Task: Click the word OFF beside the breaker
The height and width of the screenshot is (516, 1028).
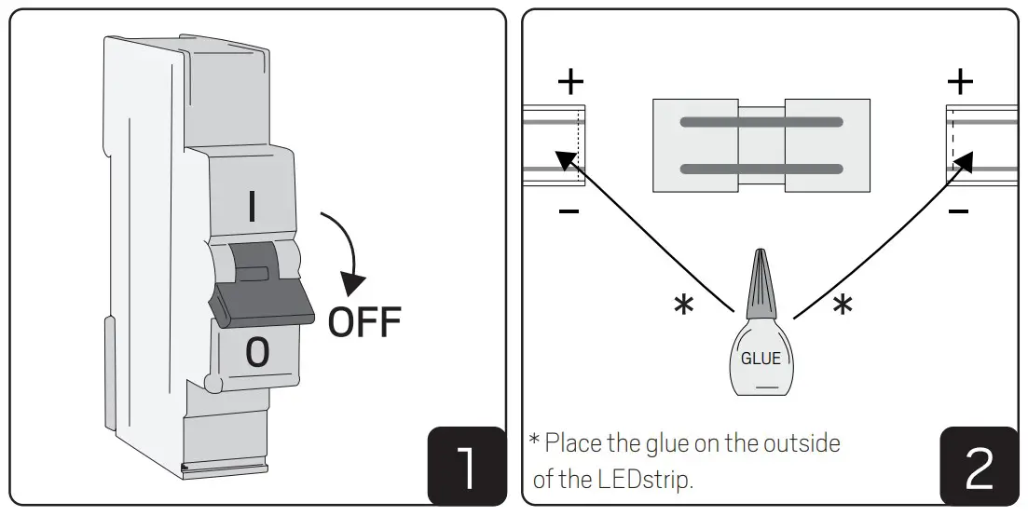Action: click(x=363, y=321)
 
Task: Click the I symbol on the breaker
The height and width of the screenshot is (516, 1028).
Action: click(x=252, y=207)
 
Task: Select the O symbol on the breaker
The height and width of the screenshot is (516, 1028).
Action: click(x=256, y=352)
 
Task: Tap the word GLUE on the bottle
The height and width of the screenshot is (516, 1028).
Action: click(x=761, y=358)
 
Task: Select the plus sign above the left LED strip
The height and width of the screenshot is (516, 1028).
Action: click(x=570, y=82)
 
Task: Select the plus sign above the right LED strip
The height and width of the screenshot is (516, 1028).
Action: click(x=959, y=82)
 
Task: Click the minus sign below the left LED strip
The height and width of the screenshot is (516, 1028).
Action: click(x=569, y=212)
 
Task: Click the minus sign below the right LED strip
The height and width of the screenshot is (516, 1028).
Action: click(x=957, y=212)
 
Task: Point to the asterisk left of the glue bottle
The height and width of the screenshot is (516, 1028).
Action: click(x=683, y=306)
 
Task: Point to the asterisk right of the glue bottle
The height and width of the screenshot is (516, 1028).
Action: click(x=842, y=306)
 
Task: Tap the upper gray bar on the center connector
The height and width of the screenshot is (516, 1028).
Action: click(x=761, y=122)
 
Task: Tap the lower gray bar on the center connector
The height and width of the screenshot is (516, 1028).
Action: click(x=761, y=169)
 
